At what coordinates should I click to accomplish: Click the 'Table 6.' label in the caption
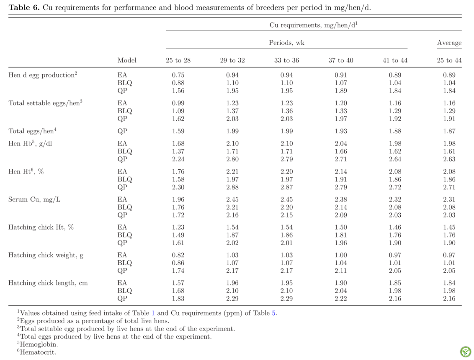coord(24,8)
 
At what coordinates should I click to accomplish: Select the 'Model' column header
coord(127,60)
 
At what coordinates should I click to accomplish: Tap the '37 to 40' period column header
coord(341,60)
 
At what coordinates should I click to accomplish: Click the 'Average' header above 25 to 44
coord(449,43)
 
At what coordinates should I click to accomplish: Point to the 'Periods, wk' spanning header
coord(286,43)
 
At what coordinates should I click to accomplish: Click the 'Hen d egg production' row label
coord(43,75)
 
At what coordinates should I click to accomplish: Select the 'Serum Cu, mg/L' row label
coord(34,199)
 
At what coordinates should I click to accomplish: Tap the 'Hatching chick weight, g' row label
coord(46,255)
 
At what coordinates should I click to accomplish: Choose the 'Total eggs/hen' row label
coord(32,131)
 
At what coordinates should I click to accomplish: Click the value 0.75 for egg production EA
coord(178,75)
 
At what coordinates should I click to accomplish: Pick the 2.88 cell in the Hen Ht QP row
coord(232,187)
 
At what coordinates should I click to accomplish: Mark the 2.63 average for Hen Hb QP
coord(449,159)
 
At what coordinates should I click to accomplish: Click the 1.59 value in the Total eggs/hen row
coord(178,131)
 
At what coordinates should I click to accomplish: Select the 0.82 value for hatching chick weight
coord(178,255)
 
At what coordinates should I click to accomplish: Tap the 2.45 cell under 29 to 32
coord(232,199)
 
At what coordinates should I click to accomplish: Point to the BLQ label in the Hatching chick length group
coord(125,291)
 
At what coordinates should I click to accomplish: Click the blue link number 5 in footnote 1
coord(273,313)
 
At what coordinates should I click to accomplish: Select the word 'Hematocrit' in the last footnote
coord(38,352)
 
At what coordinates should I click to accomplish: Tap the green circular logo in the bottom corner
coord(466,352)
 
